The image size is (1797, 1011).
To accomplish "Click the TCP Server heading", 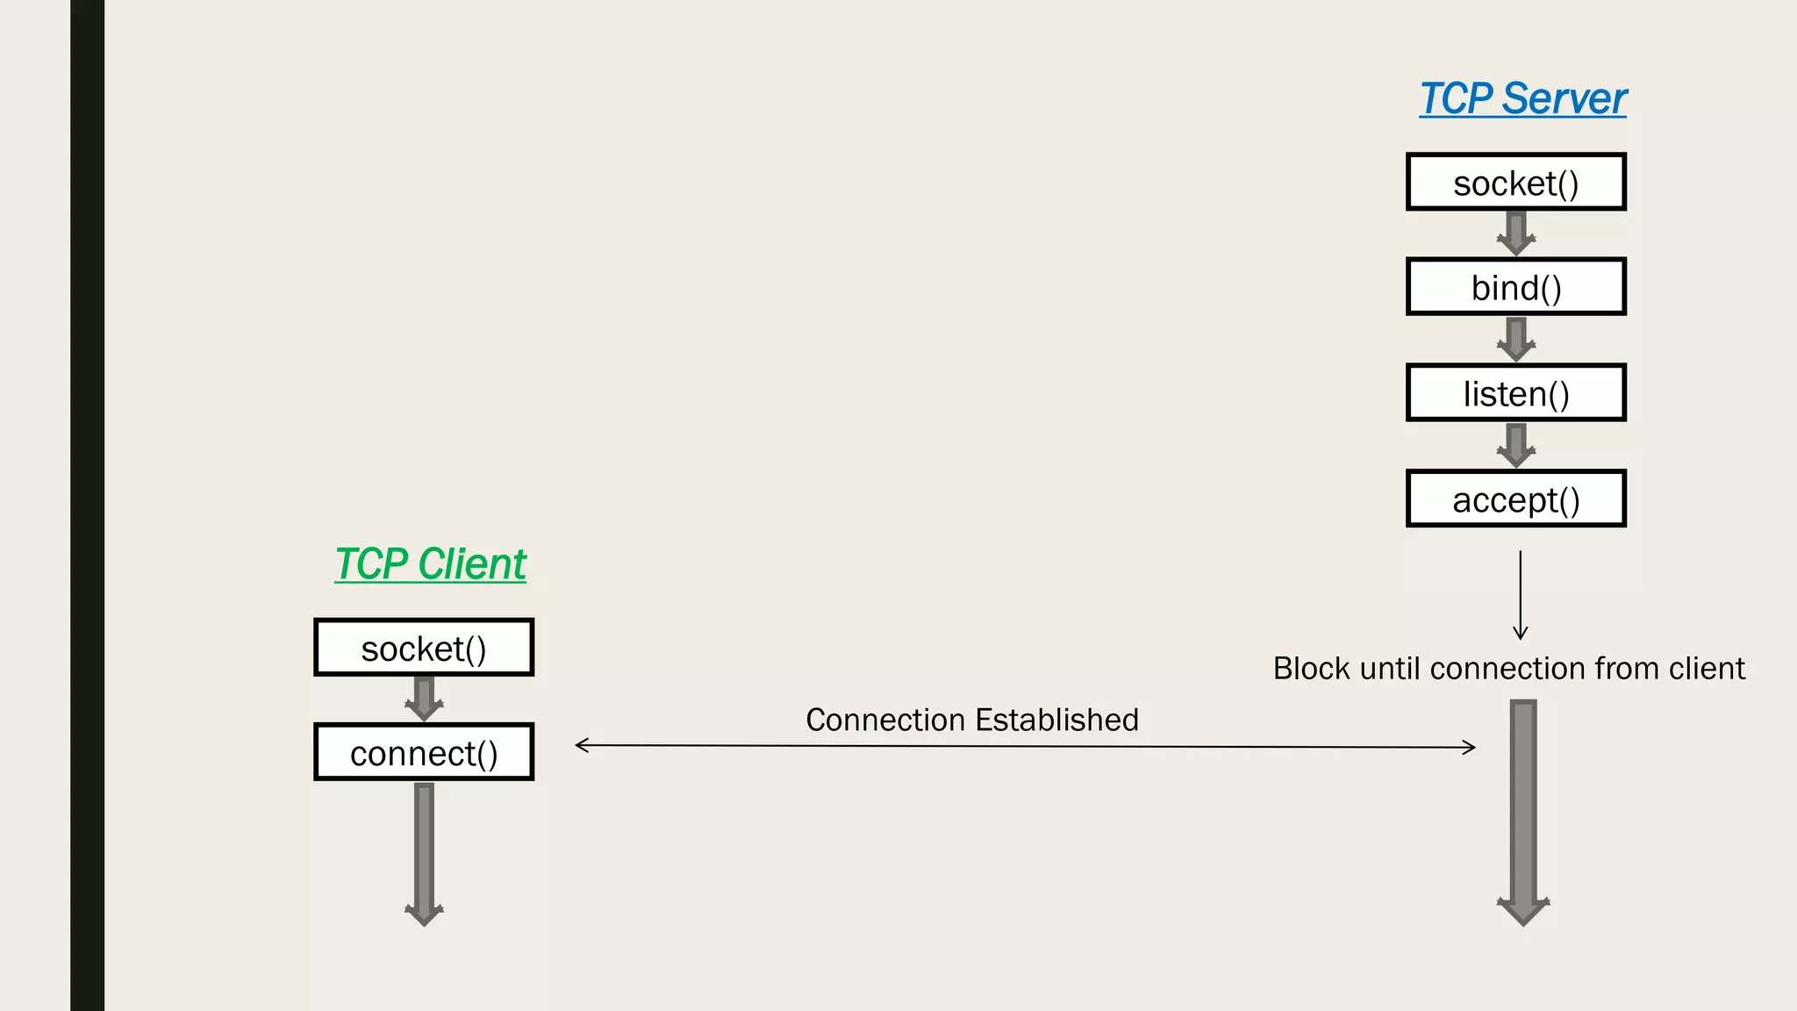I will tap(1522, 98).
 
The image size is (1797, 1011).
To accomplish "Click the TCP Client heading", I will tap(430, 563).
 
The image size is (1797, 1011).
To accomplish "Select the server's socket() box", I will tap(1515, 183).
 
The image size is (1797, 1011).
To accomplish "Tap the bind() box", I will tap(1515, 287).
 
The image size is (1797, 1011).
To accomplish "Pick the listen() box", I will tap(1515, 393).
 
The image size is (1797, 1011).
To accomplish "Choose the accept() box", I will tap(1515, 499).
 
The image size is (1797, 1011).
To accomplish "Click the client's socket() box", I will tap(424, 648).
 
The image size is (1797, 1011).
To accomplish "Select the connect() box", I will tap(424, 753).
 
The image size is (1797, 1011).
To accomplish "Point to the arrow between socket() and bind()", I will tap(1515, 233).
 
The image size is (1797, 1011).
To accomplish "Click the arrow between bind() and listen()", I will tap(1515, 340).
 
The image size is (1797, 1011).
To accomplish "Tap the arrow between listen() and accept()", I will tap(1515, 446).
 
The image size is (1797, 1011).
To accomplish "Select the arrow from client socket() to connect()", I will tap(424, 699).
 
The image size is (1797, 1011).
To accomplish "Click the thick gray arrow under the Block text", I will tap(1523, 812).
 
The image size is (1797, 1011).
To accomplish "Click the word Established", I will tap(1056, 720).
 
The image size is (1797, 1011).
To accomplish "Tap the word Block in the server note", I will tap(1311, 669).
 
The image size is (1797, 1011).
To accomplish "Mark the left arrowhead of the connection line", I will tap(581, 745).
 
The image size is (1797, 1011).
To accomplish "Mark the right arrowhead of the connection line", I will tap(1470, 748).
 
